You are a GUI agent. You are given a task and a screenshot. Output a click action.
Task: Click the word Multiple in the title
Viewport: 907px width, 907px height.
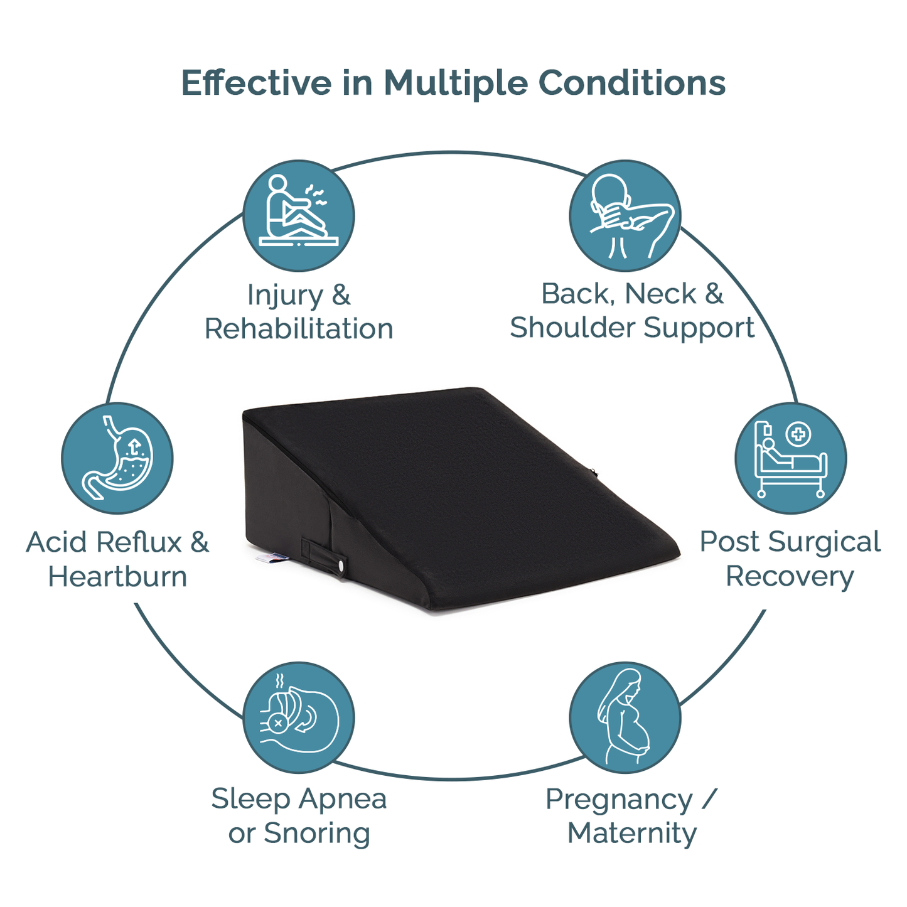(456, 84)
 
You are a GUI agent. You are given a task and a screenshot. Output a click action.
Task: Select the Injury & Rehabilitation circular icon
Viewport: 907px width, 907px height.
(298, 215)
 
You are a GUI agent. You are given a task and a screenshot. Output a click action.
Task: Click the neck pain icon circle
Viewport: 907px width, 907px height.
(625, 215)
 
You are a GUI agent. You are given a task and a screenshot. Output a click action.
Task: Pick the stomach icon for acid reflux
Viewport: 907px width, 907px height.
(117, 458)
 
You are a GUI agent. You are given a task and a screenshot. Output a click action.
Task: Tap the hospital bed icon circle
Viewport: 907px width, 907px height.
(790, 458)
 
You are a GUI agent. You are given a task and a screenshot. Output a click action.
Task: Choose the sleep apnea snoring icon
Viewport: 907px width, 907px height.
(298, 717)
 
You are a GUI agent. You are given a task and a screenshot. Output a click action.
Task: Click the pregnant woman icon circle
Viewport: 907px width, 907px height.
(625, 717)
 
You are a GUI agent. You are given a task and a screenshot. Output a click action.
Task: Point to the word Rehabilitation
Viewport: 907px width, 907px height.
(298, 328)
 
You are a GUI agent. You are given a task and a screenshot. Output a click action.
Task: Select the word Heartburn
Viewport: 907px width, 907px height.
(117, 576)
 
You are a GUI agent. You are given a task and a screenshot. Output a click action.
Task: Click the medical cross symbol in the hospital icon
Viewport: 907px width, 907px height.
(798, 434)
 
